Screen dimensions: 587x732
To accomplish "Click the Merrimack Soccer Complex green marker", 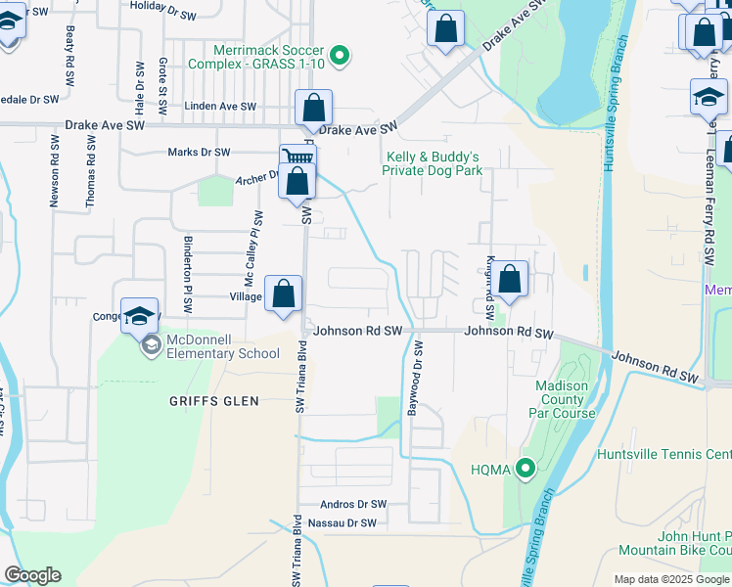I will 340,56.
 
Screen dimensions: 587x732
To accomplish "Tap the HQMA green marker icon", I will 526,470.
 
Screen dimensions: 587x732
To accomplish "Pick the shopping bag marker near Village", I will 284,293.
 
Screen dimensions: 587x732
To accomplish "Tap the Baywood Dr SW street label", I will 417,379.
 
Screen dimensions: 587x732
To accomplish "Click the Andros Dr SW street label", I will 354,504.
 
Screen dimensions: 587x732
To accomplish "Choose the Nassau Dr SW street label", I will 342,523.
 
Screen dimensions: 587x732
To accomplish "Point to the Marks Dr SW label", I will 199,152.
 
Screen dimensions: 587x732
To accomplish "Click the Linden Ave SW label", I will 220,107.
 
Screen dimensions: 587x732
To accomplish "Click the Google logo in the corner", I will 32,575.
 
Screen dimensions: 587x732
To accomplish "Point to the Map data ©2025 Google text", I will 671,579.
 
